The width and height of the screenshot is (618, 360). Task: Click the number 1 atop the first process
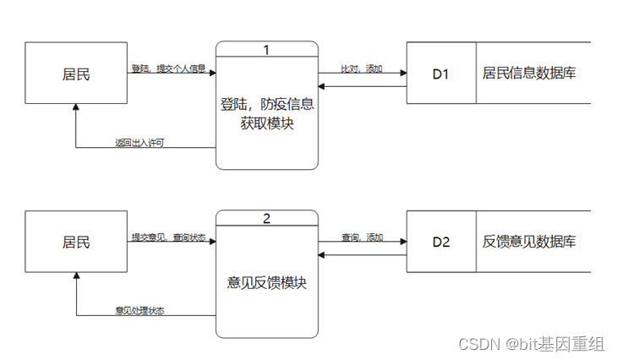[266, 50]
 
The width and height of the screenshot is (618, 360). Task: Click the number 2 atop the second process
[266, 219]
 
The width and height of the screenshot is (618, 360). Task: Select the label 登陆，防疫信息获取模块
[266, 116]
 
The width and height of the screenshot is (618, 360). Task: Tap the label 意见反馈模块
[266, 282]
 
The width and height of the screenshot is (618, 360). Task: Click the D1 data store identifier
[441, 74]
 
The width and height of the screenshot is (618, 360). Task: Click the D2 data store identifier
[441, 242]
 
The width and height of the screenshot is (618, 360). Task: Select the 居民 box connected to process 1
[76, 74]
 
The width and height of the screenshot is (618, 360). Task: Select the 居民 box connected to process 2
[76, 242]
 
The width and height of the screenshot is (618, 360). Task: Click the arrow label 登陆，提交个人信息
[168, 68]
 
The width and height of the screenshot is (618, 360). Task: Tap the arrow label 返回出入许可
[139, 143]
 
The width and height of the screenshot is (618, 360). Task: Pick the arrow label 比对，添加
[362, 68]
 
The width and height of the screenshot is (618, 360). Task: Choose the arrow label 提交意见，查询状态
[168, 237]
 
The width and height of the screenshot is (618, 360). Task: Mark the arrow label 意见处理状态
[139, 311]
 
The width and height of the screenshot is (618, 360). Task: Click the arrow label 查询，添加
[362, 237]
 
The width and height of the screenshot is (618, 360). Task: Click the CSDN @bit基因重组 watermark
[531, 343]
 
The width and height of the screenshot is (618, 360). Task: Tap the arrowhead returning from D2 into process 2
[322, 253]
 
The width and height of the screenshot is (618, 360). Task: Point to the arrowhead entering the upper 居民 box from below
[76, 109]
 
